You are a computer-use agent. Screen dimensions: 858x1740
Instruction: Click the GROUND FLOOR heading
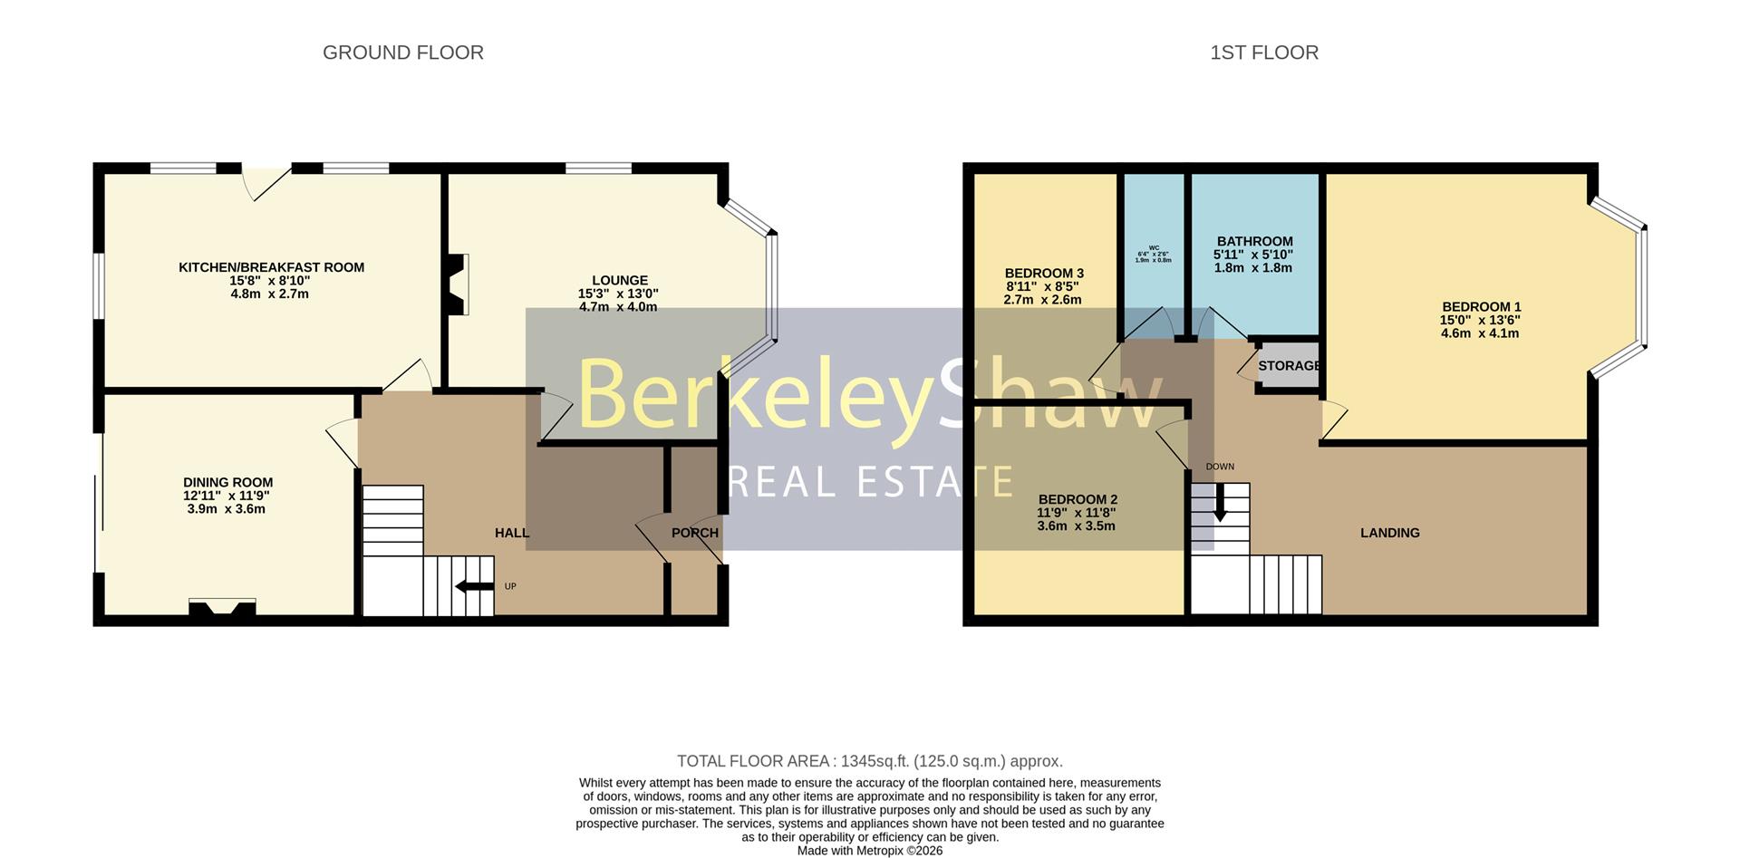tap(402, 53)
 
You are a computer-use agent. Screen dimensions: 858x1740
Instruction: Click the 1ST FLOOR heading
tap(1263, 53)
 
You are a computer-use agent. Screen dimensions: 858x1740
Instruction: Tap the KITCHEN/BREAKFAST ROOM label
tap(271, 267)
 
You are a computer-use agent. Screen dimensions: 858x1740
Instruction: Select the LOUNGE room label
tap(620, 281)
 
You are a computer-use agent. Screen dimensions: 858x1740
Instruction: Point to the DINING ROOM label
tap(227, 483)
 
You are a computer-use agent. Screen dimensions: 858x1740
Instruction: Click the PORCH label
tap(694, 533)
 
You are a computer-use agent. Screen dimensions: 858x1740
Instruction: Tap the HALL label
tap(512, 533)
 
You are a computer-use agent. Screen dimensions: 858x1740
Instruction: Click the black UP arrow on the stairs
tap(474, 586)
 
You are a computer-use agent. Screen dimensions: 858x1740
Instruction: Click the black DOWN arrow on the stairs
tap(1220, 503)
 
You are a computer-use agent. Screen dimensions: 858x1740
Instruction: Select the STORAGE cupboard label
tap(1289, 366)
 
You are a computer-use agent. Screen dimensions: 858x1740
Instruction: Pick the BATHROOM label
tap(1254, 242)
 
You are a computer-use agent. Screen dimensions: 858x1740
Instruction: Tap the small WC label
tap(1154, 247)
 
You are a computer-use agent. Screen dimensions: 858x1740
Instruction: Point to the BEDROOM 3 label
tap(1043, 274)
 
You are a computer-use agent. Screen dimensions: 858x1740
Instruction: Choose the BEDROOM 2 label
tap(1078, 499)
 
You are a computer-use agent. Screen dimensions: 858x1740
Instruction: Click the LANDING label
tap(1389, 533)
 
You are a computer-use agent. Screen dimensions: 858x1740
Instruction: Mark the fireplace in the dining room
tap(222, 607)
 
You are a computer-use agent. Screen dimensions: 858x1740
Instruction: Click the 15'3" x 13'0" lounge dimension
tap(618, 294)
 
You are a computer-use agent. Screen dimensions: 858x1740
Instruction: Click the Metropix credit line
tap(869, 851)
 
